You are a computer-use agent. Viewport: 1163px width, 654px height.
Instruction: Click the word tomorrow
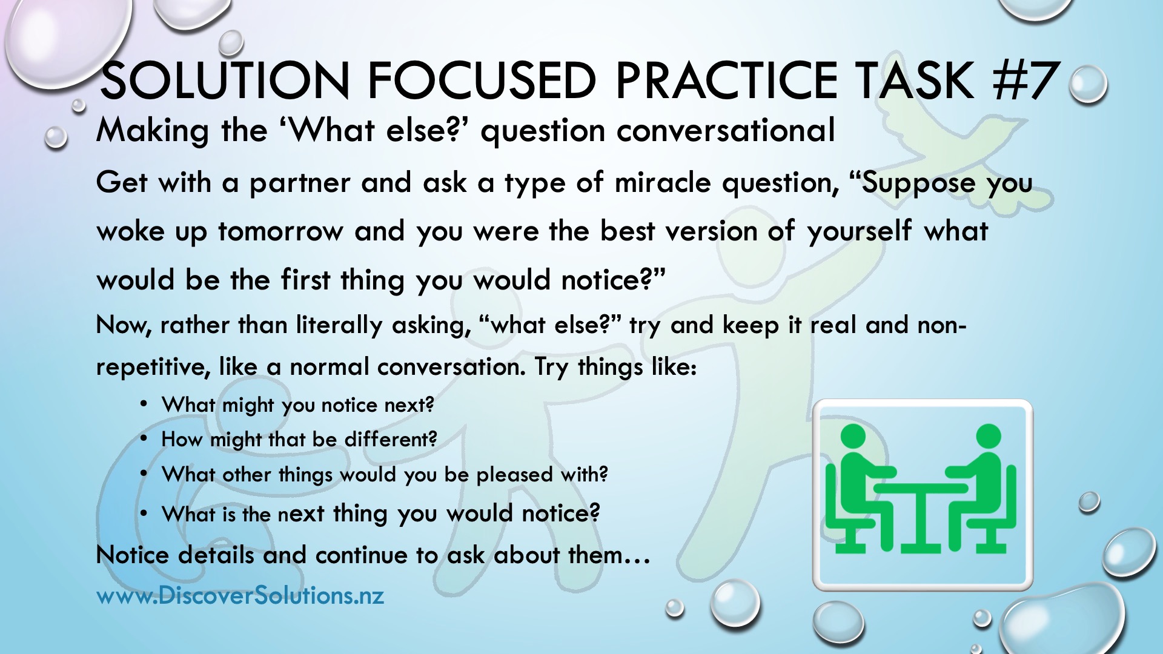click(x=280, y=231)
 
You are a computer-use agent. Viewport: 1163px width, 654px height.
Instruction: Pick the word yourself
click(x=859, y=231)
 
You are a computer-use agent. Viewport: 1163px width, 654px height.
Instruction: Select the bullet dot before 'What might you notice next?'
click(x=144, y=404)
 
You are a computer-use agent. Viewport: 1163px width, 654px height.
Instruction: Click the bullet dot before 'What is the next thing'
click(x=144, y=514)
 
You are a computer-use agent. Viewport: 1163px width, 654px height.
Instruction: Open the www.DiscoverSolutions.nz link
click(x=240, y=595)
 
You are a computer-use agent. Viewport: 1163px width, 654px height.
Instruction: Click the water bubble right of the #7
click(x=1088, y=85)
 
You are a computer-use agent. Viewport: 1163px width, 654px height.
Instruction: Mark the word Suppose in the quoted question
click(x=918, y=183)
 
